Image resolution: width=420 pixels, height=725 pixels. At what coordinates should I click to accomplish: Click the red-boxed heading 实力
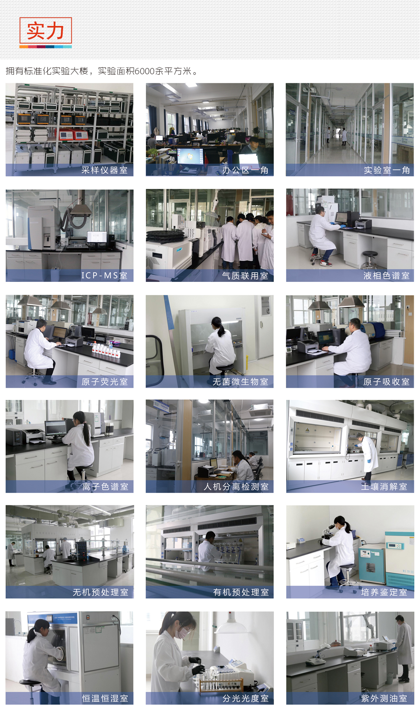click(45, 31)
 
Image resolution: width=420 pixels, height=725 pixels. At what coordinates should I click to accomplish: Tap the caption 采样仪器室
click(104, 170)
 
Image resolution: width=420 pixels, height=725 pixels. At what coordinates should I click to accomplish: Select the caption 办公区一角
click(245, 170)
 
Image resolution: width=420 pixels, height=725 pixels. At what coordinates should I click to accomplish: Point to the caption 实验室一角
click(386, 170)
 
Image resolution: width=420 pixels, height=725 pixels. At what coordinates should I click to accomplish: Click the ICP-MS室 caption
click(104, 275)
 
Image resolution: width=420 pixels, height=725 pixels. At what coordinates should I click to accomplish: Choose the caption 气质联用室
click(245, 275)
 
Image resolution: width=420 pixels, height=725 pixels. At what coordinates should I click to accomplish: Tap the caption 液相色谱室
click(386, 275)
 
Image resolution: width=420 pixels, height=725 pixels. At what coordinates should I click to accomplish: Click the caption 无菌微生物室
click(241, 382)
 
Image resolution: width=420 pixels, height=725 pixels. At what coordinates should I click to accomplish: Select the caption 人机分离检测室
click(236, 487)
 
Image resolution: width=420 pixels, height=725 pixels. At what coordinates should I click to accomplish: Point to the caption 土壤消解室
click(384, 487)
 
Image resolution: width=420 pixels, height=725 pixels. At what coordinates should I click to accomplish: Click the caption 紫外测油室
click(384, 699)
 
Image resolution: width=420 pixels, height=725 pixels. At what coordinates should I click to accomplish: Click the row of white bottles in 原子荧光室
click(106, 350)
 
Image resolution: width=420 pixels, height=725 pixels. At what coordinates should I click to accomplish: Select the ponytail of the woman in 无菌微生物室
click(221, 330)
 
